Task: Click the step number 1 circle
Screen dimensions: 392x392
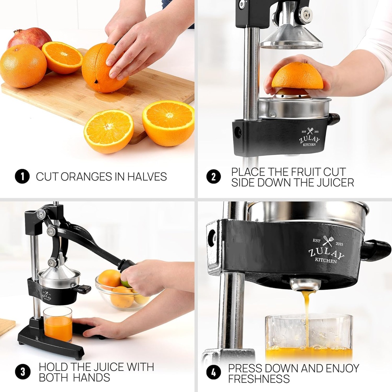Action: pos(22,176)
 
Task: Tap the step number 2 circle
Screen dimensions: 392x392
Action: pos(214,176)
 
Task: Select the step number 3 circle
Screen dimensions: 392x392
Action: pos(22,372)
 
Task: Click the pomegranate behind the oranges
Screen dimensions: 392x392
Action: pos(29,38)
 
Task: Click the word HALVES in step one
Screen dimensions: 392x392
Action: pos(147,176)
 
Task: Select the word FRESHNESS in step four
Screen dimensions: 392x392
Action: pos(259,379)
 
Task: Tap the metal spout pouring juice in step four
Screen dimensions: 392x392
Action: pos(305,284)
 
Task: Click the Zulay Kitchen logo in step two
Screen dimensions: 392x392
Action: pos(309,138)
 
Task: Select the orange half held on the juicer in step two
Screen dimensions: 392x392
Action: pos(297,77)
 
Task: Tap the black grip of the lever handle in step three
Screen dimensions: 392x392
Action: pos(126,265)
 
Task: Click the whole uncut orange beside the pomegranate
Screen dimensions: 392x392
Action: pos(23,65)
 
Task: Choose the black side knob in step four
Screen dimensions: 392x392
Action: pos(376,250)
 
